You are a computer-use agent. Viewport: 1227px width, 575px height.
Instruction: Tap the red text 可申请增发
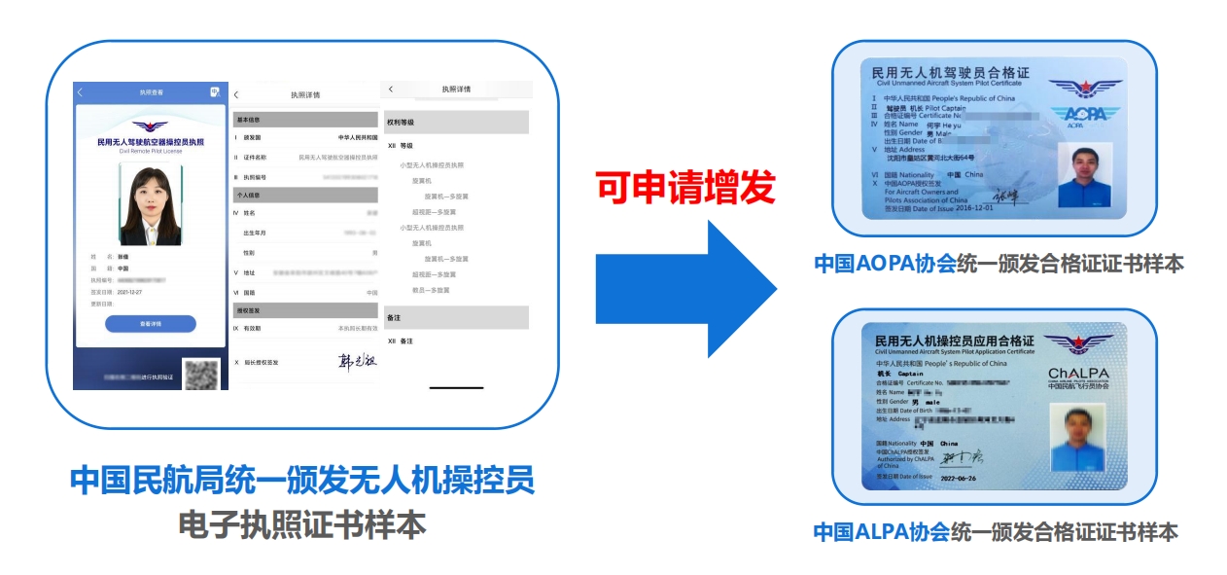tap(685, 186)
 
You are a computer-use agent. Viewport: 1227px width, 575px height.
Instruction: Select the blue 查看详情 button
tap(150, 324)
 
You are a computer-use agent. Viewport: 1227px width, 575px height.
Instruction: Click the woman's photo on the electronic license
tap(150, 204)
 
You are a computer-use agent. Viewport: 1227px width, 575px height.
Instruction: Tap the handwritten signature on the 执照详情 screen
tap(356, 362)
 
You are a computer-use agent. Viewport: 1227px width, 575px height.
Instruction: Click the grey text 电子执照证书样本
tap(302, 525)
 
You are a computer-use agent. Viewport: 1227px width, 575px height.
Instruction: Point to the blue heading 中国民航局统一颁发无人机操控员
tap(302, 481)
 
